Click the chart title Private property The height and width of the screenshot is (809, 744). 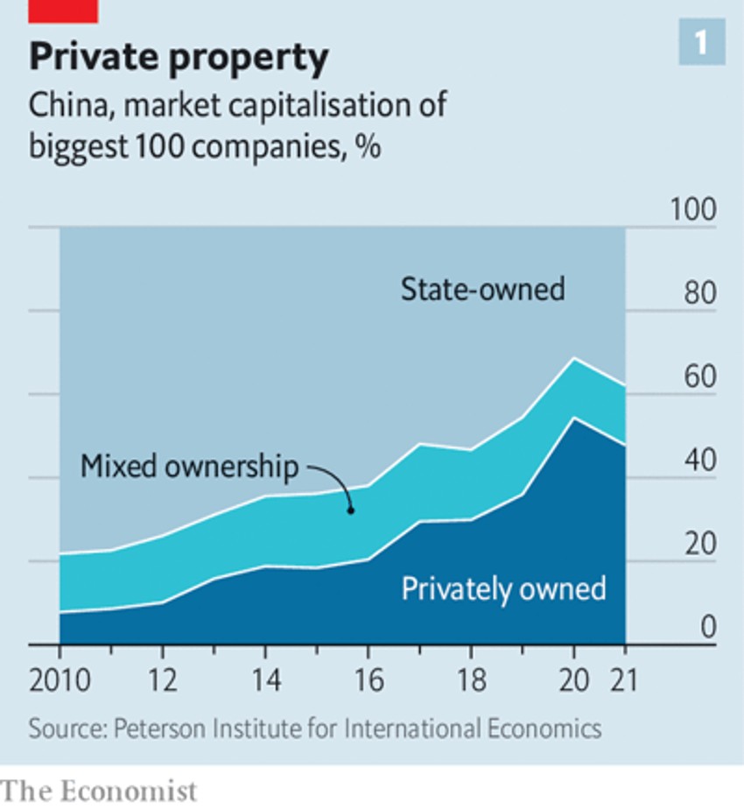(x=179, y=58)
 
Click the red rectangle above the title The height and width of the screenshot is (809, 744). (x=63, y=11)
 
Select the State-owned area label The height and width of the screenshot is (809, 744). (x=482, y=289)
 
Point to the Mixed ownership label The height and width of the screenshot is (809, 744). (x=189, y=466)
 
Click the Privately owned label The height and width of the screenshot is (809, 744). (x=503, y=587)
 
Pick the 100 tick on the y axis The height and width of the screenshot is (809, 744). (x=692, y=211)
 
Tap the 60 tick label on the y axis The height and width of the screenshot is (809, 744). (x=699, y=378)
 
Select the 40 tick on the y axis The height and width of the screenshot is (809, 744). (x=699, y=461)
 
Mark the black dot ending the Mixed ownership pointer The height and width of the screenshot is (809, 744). (x=350, y=510)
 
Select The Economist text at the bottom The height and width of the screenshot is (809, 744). (x=99, y=790)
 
